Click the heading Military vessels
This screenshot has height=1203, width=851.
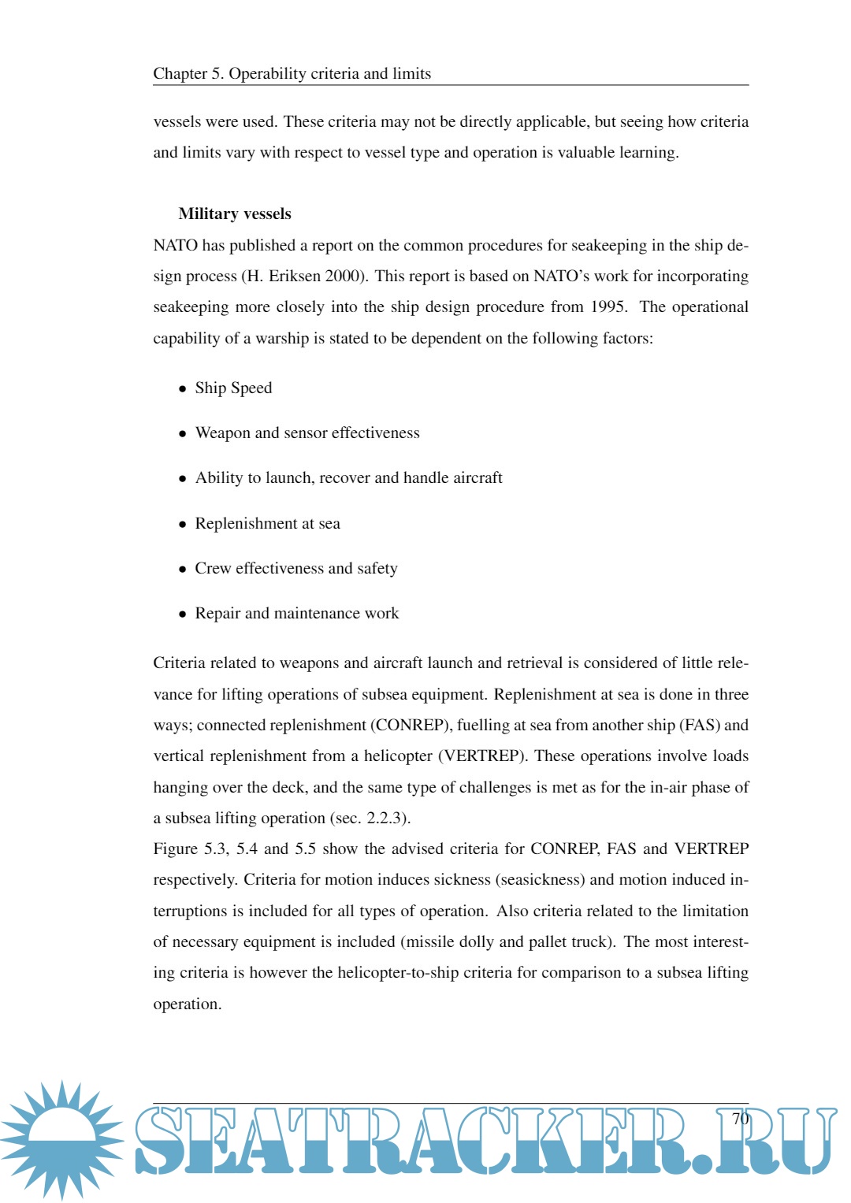click(x=235, y=214)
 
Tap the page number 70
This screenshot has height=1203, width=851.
click(x=740, y=1119)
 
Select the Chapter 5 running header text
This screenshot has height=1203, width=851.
click(x=292, y=74)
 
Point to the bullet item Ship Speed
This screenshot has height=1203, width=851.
click(x=233, y=388)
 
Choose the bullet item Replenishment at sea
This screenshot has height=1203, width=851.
click(x=267, y=524)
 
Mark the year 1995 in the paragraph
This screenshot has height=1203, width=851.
click(x=608, y=307)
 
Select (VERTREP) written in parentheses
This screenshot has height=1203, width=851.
click(x=481, y=756)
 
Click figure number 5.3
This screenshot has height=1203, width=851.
click(x=217, y=849)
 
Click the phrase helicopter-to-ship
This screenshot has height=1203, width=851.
click(x=398, y=973)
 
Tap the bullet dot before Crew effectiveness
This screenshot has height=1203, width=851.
click(x=183, y=570)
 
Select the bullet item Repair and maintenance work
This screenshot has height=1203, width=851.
click(x=296, y=614)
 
